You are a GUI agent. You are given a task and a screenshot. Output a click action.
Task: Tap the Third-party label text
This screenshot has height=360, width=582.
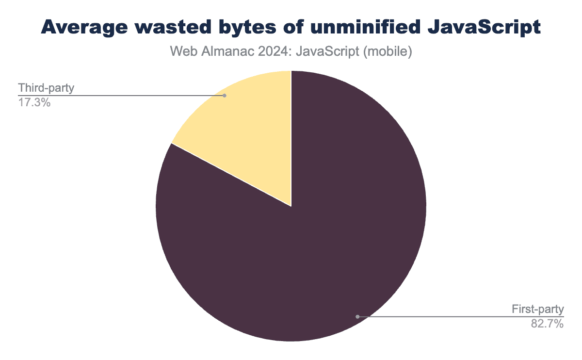pos(46,88)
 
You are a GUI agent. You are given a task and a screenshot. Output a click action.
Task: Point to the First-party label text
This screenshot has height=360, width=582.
pos(537,309)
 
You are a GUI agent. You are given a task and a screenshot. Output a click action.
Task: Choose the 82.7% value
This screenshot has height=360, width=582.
pos(547,324)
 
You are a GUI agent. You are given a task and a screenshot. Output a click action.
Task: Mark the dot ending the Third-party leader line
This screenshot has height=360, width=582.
pos(224,96)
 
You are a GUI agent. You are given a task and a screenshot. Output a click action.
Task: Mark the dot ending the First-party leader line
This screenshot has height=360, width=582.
pos(357,316)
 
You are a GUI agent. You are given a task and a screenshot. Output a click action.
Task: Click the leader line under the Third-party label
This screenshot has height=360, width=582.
pos(121,96)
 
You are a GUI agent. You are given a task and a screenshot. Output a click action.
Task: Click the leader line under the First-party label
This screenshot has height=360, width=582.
pos(461,316)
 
